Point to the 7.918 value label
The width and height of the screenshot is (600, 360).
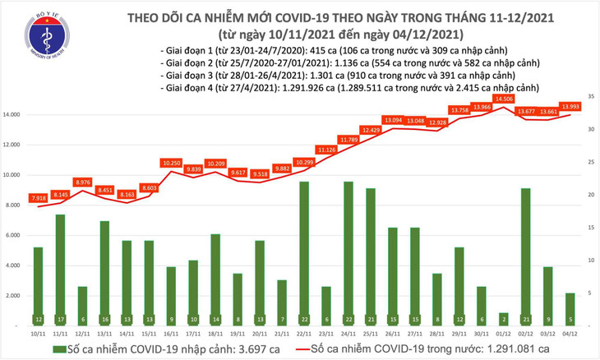[x=38, y=198]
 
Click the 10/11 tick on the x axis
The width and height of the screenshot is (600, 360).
[x=38, y=334]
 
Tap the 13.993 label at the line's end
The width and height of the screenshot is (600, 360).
[x=570, y=107]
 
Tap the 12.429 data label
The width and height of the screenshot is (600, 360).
[x=371, y=130]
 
